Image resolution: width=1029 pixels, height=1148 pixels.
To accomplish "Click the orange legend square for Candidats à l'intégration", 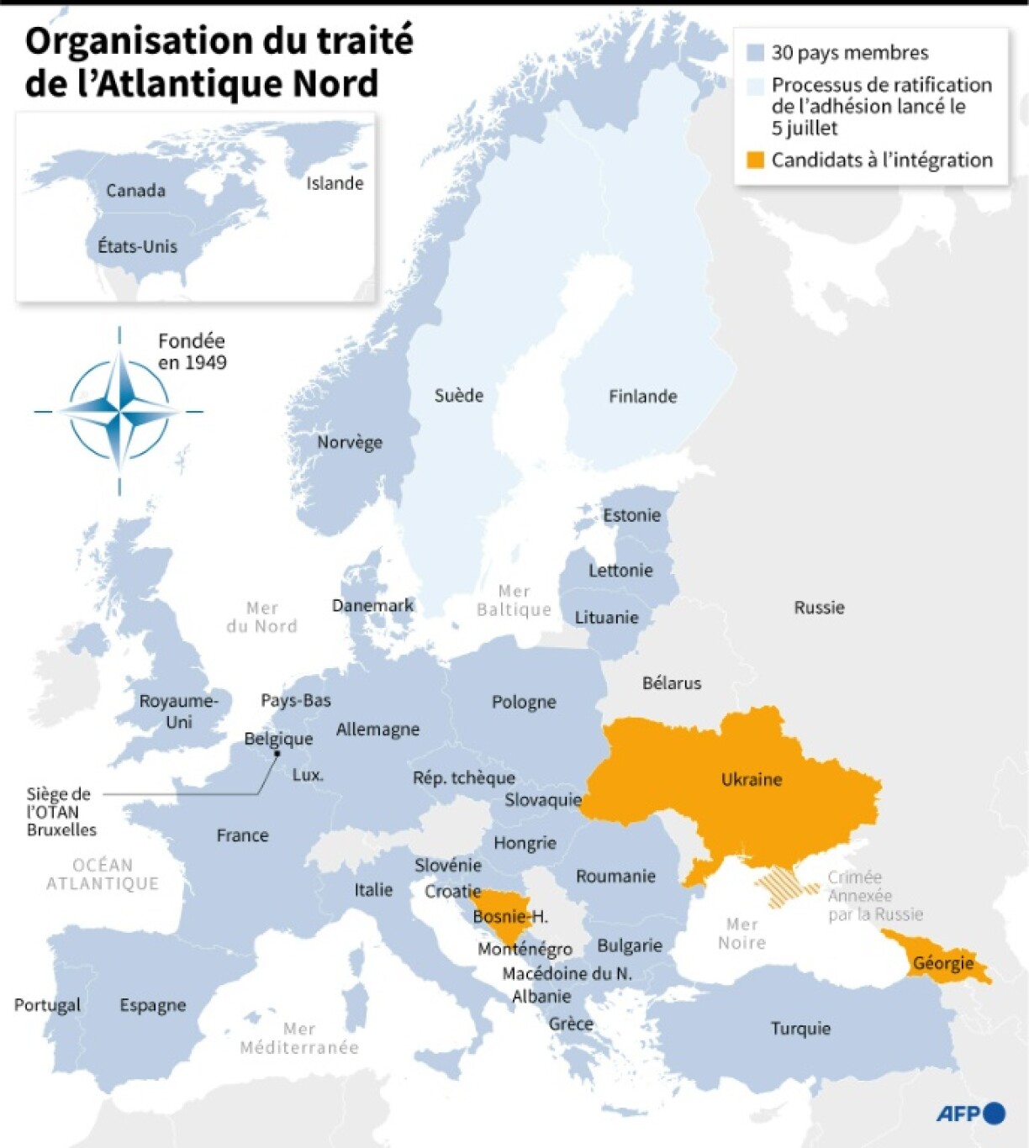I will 755,160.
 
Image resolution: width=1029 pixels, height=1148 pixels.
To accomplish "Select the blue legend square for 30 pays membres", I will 755,53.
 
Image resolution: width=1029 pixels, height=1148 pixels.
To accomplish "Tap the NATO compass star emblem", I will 119,411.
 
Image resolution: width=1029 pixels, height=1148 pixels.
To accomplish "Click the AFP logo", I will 970,1114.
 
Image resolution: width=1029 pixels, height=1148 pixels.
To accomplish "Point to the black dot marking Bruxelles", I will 277,754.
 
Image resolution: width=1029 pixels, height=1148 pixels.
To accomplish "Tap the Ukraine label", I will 752,779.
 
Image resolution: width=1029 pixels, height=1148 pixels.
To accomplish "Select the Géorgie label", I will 943,963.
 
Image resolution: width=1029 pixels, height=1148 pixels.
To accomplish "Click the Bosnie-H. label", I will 509,916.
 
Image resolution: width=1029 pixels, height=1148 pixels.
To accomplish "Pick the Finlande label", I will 642,396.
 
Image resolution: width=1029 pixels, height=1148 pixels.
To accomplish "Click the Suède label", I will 458,395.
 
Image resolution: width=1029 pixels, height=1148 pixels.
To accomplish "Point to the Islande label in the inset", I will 335,183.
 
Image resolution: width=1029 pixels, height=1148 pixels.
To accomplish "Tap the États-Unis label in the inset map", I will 137,246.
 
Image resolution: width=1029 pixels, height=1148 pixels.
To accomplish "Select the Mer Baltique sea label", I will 514,601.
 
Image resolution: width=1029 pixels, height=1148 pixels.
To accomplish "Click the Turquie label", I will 800,1028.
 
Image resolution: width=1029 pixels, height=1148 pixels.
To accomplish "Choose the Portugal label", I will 47,1004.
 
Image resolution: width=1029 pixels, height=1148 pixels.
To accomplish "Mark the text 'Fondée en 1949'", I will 193,351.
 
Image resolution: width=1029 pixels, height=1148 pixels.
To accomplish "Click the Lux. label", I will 308,775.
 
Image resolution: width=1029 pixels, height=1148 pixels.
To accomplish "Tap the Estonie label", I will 631,515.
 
